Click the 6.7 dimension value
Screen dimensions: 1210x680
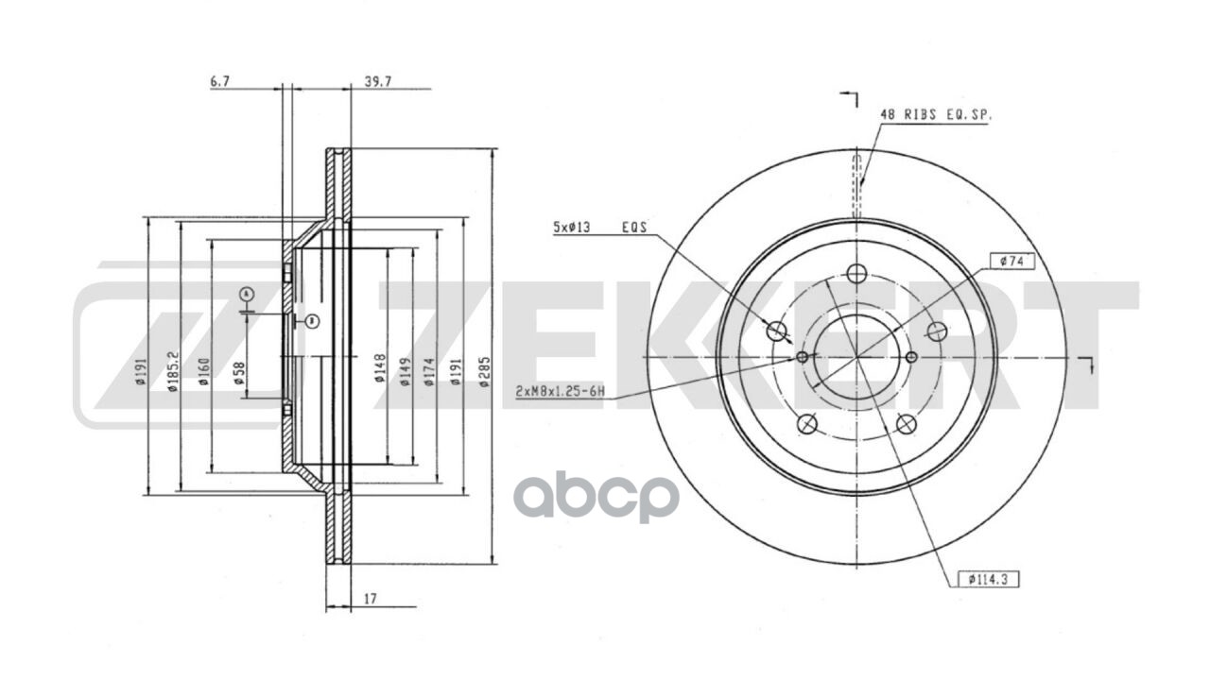[220, 81]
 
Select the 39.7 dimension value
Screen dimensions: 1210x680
[378, 81]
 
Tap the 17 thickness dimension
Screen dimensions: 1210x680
[370, 599]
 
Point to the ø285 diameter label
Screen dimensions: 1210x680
[485, 371]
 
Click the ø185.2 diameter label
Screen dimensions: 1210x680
[172, 371]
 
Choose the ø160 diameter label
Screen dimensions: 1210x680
[203, 371]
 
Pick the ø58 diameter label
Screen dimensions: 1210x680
[240, 373]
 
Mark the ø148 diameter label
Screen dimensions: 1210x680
[380, 368]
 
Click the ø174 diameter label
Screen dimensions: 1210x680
[429, 371]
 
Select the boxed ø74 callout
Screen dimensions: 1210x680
[1011, 262]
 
